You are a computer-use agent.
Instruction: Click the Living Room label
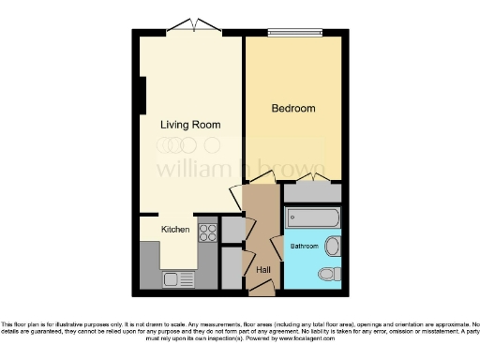click(190, 125)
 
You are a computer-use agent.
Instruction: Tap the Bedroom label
click(293, 109)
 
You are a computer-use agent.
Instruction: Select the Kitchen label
click(175, 230)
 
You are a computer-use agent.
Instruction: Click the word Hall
click(263, 270)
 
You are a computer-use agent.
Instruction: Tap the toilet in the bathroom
click(329, 274)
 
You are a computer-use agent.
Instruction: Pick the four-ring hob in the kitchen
click(207, 231)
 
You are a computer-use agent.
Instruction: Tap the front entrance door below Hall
click(262, 291)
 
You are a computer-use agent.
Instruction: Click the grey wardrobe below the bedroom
click(312, 192)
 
